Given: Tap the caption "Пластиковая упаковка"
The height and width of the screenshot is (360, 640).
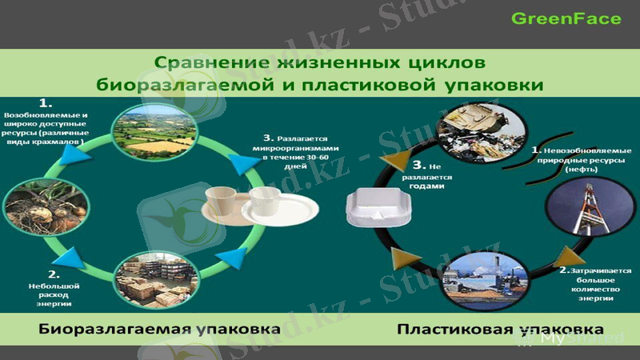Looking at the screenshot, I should (x=500, y=329).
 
